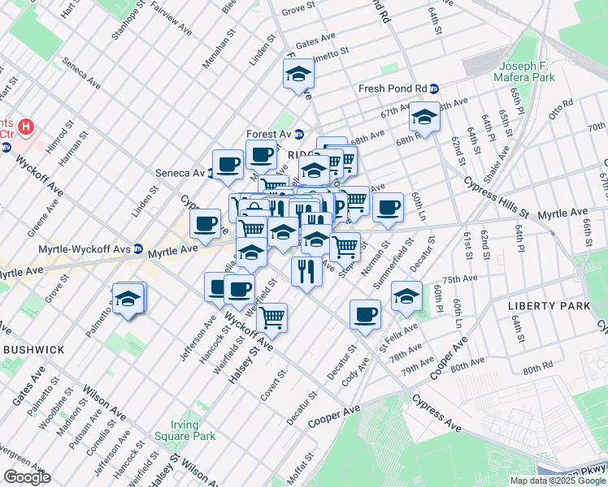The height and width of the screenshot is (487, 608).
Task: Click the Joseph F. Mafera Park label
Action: pyautogui.click(x=524, y=71)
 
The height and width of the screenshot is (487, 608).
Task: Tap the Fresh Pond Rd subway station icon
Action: pyautogui.click(x=435, y=89)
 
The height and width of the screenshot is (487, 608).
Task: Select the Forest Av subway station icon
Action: pyautogui.click(x=298, y=135)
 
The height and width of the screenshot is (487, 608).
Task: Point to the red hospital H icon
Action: pyautogui.click(x=26, y=127)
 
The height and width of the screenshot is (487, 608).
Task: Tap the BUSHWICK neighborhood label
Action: pyautogui.click(x=33, y=349)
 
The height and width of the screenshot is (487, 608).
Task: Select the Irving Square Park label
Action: pyautogui.click(x=193, y=430)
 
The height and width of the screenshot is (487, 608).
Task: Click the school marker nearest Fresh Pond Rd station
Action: pyautogui.click(x=424, y=118)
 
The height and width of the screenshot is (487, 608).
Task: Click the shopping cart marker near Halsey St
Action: pyautogui.click(x=271, y=318)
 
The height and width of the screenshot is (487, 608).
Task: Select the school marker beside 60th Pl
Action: pyautogui.click(x=406, y=295)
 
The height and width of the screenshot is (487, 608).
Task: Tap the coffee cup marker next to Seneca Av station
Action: pyautogui.click(x=228, y=165)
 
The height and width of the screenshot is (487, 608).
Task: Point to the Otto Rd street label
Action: pyautogui.click(x=561, y=110)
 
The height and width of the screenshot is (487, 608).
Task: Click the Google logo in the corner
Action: pyautogui.click(x=27, y=477)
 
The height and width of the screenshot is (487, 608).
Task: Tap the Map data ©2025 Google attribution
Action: pyautogui.click(x=558, y=481)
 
